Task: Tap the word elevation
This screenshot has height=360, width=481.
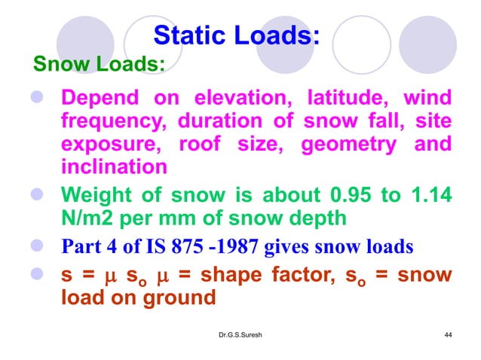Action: [240, 99]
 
